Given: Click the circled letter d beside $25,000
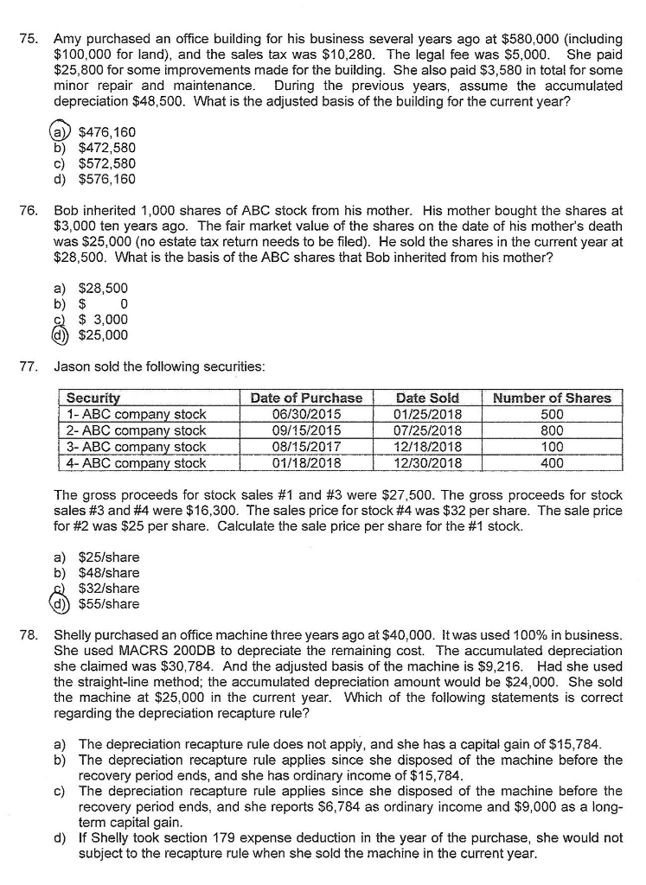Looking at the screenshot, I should pos(60,334).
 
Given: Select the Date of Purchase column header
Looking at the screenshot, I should pos(306,398).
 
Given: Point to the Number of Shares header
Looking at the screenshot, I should pos(551,398).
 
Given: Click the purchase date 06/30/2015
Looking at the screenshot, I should pos(306,414).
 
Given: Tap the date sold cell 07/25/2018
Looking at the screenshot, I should pos(428,430).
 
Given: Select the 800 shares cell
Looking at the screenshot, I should pos(551,430).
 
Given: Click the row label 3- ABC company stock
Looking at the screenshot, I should pos(138,447).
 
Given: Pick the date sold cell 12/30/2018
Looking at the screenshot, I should pos(428,463).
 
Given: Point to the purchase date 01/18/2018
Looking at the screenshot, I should pos(306,463).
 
